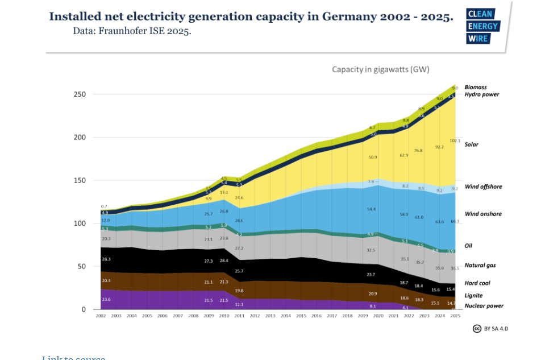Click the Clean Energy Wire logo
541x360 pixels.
[x=482, y=26]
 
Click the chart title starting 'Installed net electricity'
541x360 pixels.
[x=251, y=16]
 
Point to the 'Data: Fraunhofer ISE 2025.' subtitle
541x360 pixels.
[x=132, y=31]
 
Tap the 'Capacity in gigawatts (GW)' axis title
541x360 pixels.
[x=380, y=69]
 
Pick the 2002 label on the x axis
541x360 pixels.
[x=101, y=315]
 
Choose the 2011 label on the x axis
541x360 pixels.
[x=239, y=315]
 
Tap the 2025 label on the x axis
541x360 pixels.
[x=455, y=315]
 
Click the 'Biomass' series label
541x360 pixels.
[x=476, y=87]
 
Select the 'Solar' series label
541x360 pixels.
[x=471, y=144]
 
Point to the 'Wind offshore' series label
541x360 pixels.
[x=483, y=187]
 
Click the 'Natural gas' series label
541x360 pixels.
[x=480, y=266]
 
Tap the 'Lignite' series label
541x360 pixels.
[x=473, y=296]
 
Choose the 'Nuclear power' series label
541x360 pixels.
[x=484, y=306]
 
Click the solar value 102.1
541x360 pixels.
[x=455, y=140]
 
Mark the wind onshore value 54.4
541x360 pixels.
[x=373, y=209]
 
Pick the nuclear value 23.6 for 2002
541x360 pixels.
[x=106, y=299]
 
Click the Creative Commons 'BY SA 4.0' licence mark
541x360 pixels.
[x=490, y=329]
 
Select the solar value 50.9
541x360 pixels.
[x=373, y=156]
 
